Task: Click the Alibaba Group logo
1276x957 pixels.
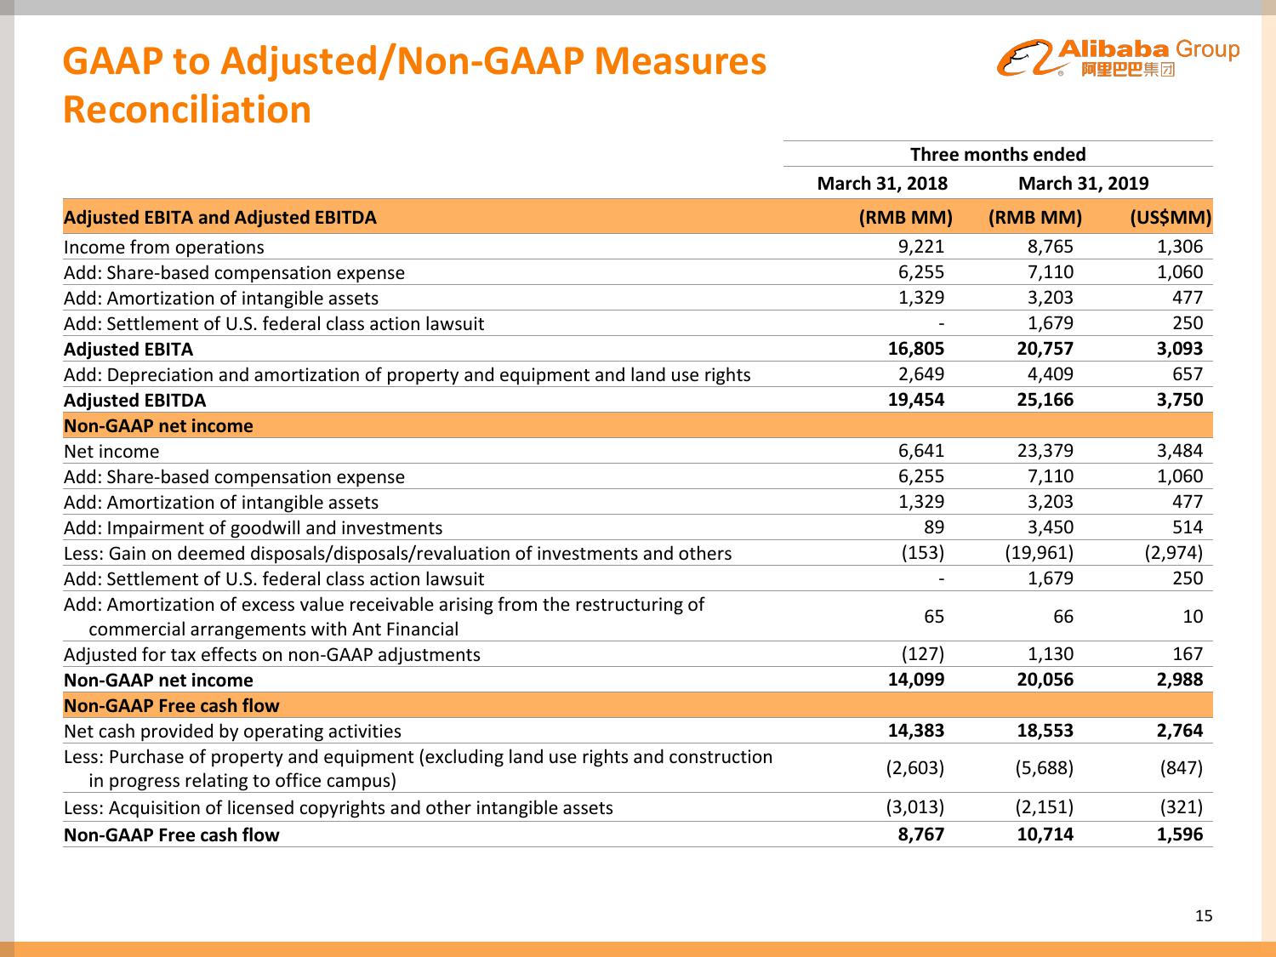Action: point(1118,58)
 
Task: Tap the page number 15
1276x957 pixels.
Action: point(1203,916)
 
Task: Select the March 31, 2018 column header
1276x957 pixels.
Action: point(881,184)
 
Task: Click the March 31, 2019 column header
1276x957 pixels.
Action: point(1083,184)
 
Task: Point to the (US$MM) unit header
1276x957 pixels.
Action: point(1170,218)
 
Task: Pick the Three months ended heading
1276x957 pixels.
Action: point(998,155)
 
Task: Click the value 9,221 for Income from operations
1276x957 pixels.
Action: point(921,247)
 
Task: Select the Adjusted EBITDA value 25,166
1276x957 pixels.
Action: point(1045,400)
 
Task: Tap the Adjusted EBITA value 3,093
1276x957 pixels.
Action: point(1180,349)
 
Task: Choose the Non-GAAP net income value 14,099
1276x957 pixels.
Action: point(915,680)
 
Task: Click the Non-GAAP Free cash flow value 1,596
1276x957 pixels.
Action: point(1180,835)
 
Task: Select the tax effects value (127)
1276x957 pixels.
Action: point(922,654)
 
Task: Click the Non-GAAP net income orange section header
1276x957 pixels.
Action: point(159,426)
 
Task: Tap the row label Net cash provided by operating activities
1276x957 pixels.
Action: point(232,732)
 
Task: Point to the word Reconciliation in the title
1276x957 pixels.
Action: point(187,110)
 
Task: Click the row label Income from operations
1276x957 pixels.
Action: point(163,248)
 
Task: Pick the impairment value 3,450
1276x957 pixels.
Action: point(1051,527)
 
